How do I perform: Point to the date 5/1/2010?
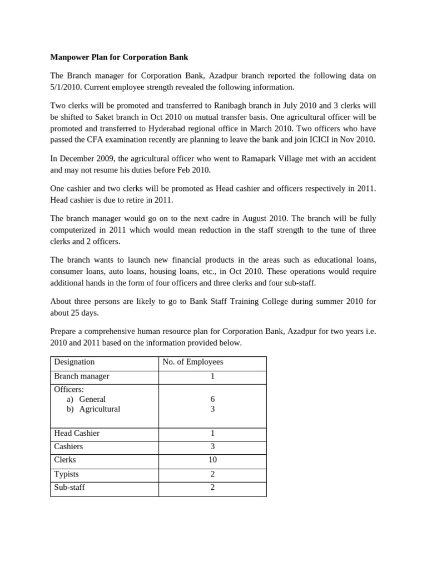point(69,87)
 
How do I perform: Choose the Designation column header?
point(74,362)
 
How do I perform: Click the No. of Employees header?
point(192,362)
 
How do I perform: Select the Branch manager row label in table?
point(81,376)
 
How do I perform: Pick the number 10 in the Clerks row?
point(212,460)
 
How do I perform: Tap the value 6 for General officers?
point(212,399)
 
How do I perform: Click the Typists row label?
point(66,474)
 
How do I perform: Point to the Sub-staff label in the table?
point(69,488)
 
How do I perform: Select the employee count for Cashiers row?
point(212,446)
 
